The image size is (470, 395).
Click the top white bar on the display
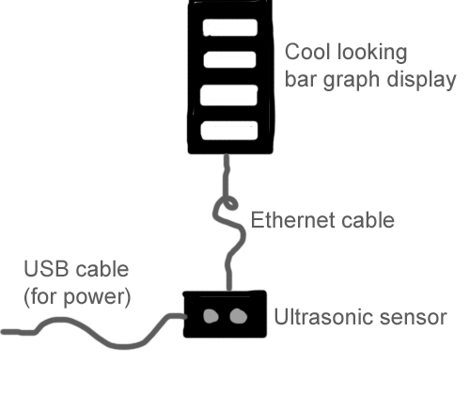[230, 27]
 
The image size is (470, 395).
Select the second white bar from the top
[229, 59]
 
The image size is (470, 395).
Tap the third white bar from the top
[228, 95]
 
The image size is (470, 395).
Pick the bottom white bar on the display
[229, 131]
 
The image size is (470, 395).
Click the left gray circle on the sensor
[211, 316]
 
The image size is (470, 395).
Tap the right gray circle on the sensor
[239, 316]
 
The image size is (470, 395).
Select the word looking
[372, 53]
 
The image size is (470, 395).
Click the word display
[421, 80]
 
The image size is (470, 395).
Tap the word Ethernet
[291, 220]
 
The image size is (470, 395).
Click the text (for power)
[77, 296]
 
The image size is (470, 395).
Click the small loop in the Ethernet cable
[229, 203]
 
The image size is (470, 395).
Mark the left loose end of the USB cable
[3, 332]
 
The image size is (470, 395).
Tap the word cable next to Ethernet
[366, 220]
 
